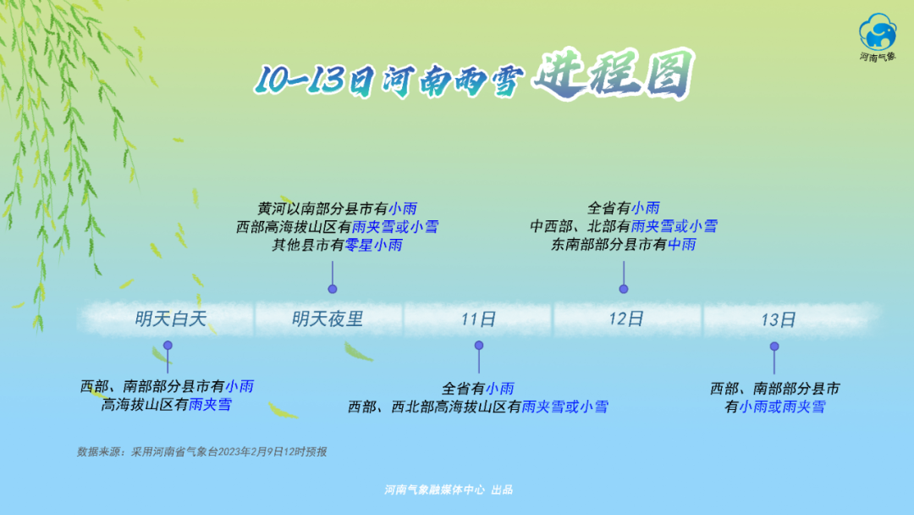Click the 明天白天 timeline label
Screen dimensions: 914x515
(x=171, y=319)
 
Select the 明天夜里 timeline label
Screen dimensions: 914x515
(x=328, y=319)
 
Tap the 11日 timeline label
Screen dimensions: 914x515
(x=478, y=319)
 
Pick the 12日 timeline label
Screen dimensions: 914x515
(x=626, y=318)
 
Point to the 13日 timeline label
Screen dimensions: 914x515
(x=779, y=319)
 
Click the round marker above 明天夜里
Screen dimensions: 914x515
(x=333, y=289)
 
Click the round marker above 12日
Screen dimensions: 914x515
(x=623, y=289)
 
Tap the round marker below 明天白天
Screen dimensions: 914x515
(x=168, y=346)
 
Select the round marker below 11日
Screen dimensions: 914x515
(x=478, y=346)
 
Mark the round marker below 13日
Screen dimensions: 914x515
(x=774, y=346)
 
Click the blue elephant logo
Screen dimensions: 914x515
(x=878, y=32)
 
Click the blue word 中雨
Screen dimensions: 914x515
(x=681, y=245)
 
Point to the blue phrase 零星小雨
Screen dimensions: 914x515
(x=374, y=245)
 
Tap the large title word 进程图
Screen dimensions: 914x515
(x=614, y=75)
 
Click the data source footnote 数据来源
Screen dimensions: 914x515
(x=201, y=452)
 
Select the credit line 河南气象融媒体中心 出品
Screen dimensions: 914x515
(x=449, y=490)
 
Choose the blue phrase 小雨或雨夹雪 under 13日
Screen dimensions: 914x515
(x=782, y=407)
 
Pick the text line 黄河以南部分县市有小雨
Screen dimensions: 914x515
(x=338, y=208)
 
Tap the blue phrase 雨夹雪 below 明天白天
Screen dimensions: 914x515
(x=210, y=404)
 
